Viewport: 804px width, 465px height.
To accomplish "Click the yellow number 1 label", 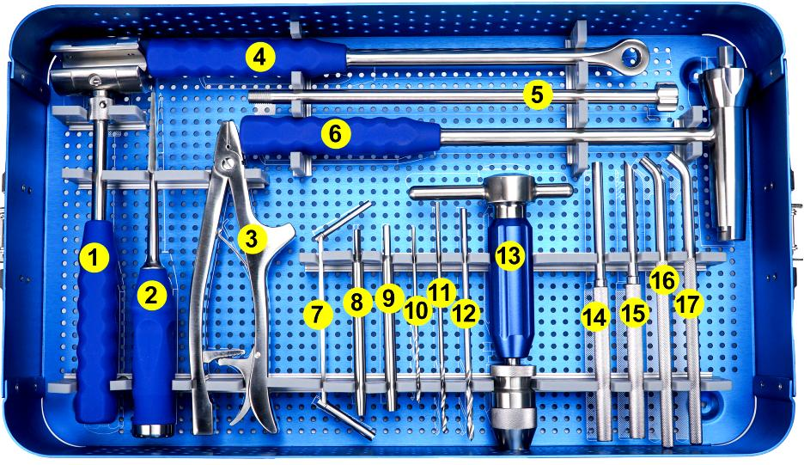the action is [93, 258].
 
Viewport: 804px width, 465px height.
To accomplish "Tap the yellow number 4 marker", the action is [260, 57].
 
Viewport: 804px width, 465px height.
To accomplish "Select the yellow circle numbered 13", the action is [509, 256].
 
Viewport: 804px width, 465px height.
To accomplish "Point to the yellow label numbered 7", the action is [318, 314].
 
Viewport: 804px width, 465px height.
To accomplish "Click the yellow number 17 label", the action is [689, 304].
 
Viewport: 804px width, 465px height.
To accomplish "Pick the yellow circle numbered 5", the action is [537, 95].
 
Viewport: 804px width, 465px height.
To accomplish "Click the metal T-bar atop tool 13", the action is [490, 190].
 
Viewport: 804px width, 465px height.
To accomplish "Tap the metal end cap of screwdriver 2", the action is [153, 430].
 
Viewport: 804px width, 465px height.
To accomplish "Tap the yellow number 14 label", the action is [595, 317].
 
